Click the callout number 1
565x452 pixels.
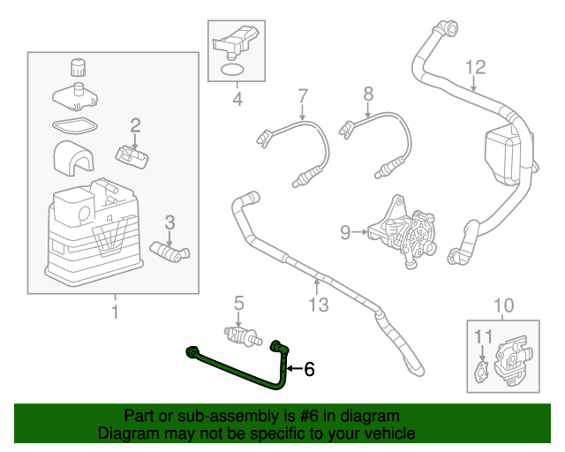pyautogui.click(x=113, y=311)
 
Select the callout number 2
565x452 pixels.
pyautogui.click(x=135, y=124)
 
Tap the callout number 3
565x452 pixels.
pyautogui.click(x=170, y=221)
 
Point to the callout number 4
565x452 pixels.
pyautogui.click(x=237, y=100)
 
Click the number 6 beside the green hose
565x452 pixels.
pyautogui.click(x=309, y=369)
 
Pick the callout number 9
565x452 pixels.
pyautogui.click(x=345, y=233)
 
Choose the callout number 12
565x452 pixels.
pyautogui.click(x=475, y=66)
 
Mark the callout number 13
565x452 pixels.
pyautogui.click(x=318, y=305)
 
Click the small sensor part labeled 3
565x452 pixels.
pyautogui.click(x=168, y=251)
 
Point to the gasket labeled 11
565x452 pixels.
pyautogui.click(x=481, y=371)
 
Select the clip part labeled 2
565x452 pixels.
pyautogui.click(x=133, y=156)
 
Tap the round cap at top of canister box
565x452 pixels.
pyautogui.click(x=78, y=67)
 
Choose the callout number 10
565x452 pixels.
pyautogui.click(x=502, y=306)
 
